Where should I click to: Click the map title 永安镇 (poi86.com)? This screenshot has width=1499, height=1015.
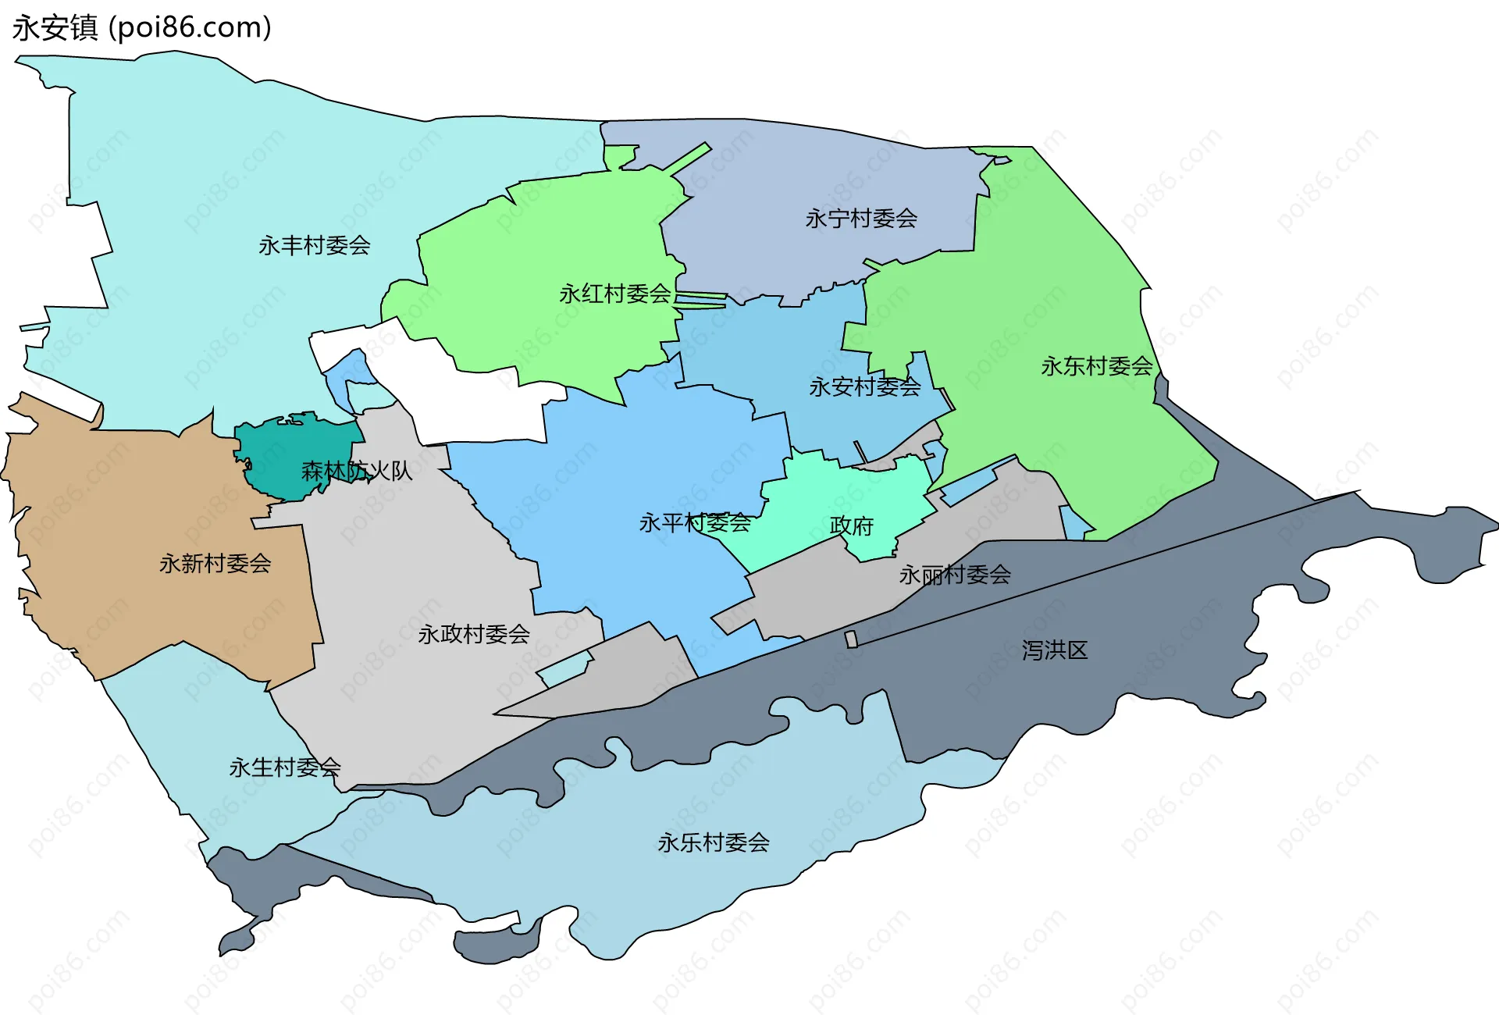click(141, 28)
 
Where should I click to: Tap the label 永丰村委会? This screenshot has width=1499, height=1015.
click(314, 246)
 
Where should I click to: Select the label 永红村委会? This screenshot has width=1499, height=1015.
click(614, 294)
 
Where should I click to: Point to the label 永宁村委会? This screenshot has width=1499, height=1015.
click(861, 219)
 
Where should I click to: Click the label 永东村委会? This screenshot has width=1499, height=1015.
click(1096, 366)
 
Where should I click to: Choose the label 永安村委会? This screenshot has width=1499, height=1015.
click(864, 386)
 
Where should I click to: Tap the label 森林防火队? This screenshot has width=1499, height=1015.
click(356, 471)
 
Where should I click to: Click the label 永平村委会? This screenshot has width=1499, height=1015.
click(694, 523)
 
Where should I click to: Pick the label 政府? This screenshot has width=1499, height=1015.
click(851, 526)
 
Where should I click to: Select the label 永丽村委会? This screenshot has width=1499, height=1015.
click(954, 575)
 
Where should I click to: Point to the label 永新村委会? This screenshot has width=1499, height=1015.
click(215, 564)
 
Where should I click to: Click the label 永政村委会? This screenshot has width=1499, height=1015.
click(474, 634)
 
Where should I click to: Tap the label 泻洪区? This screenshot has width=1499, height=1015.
click(1054, 650)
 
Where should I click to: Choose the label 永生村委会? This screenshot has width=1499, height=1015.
click(285, 767)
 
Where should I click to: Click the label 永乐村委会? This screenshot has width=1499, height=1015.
click(713, 842)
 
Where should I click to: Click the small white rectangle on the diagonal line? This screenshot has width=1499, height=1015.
click(851, 639)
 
